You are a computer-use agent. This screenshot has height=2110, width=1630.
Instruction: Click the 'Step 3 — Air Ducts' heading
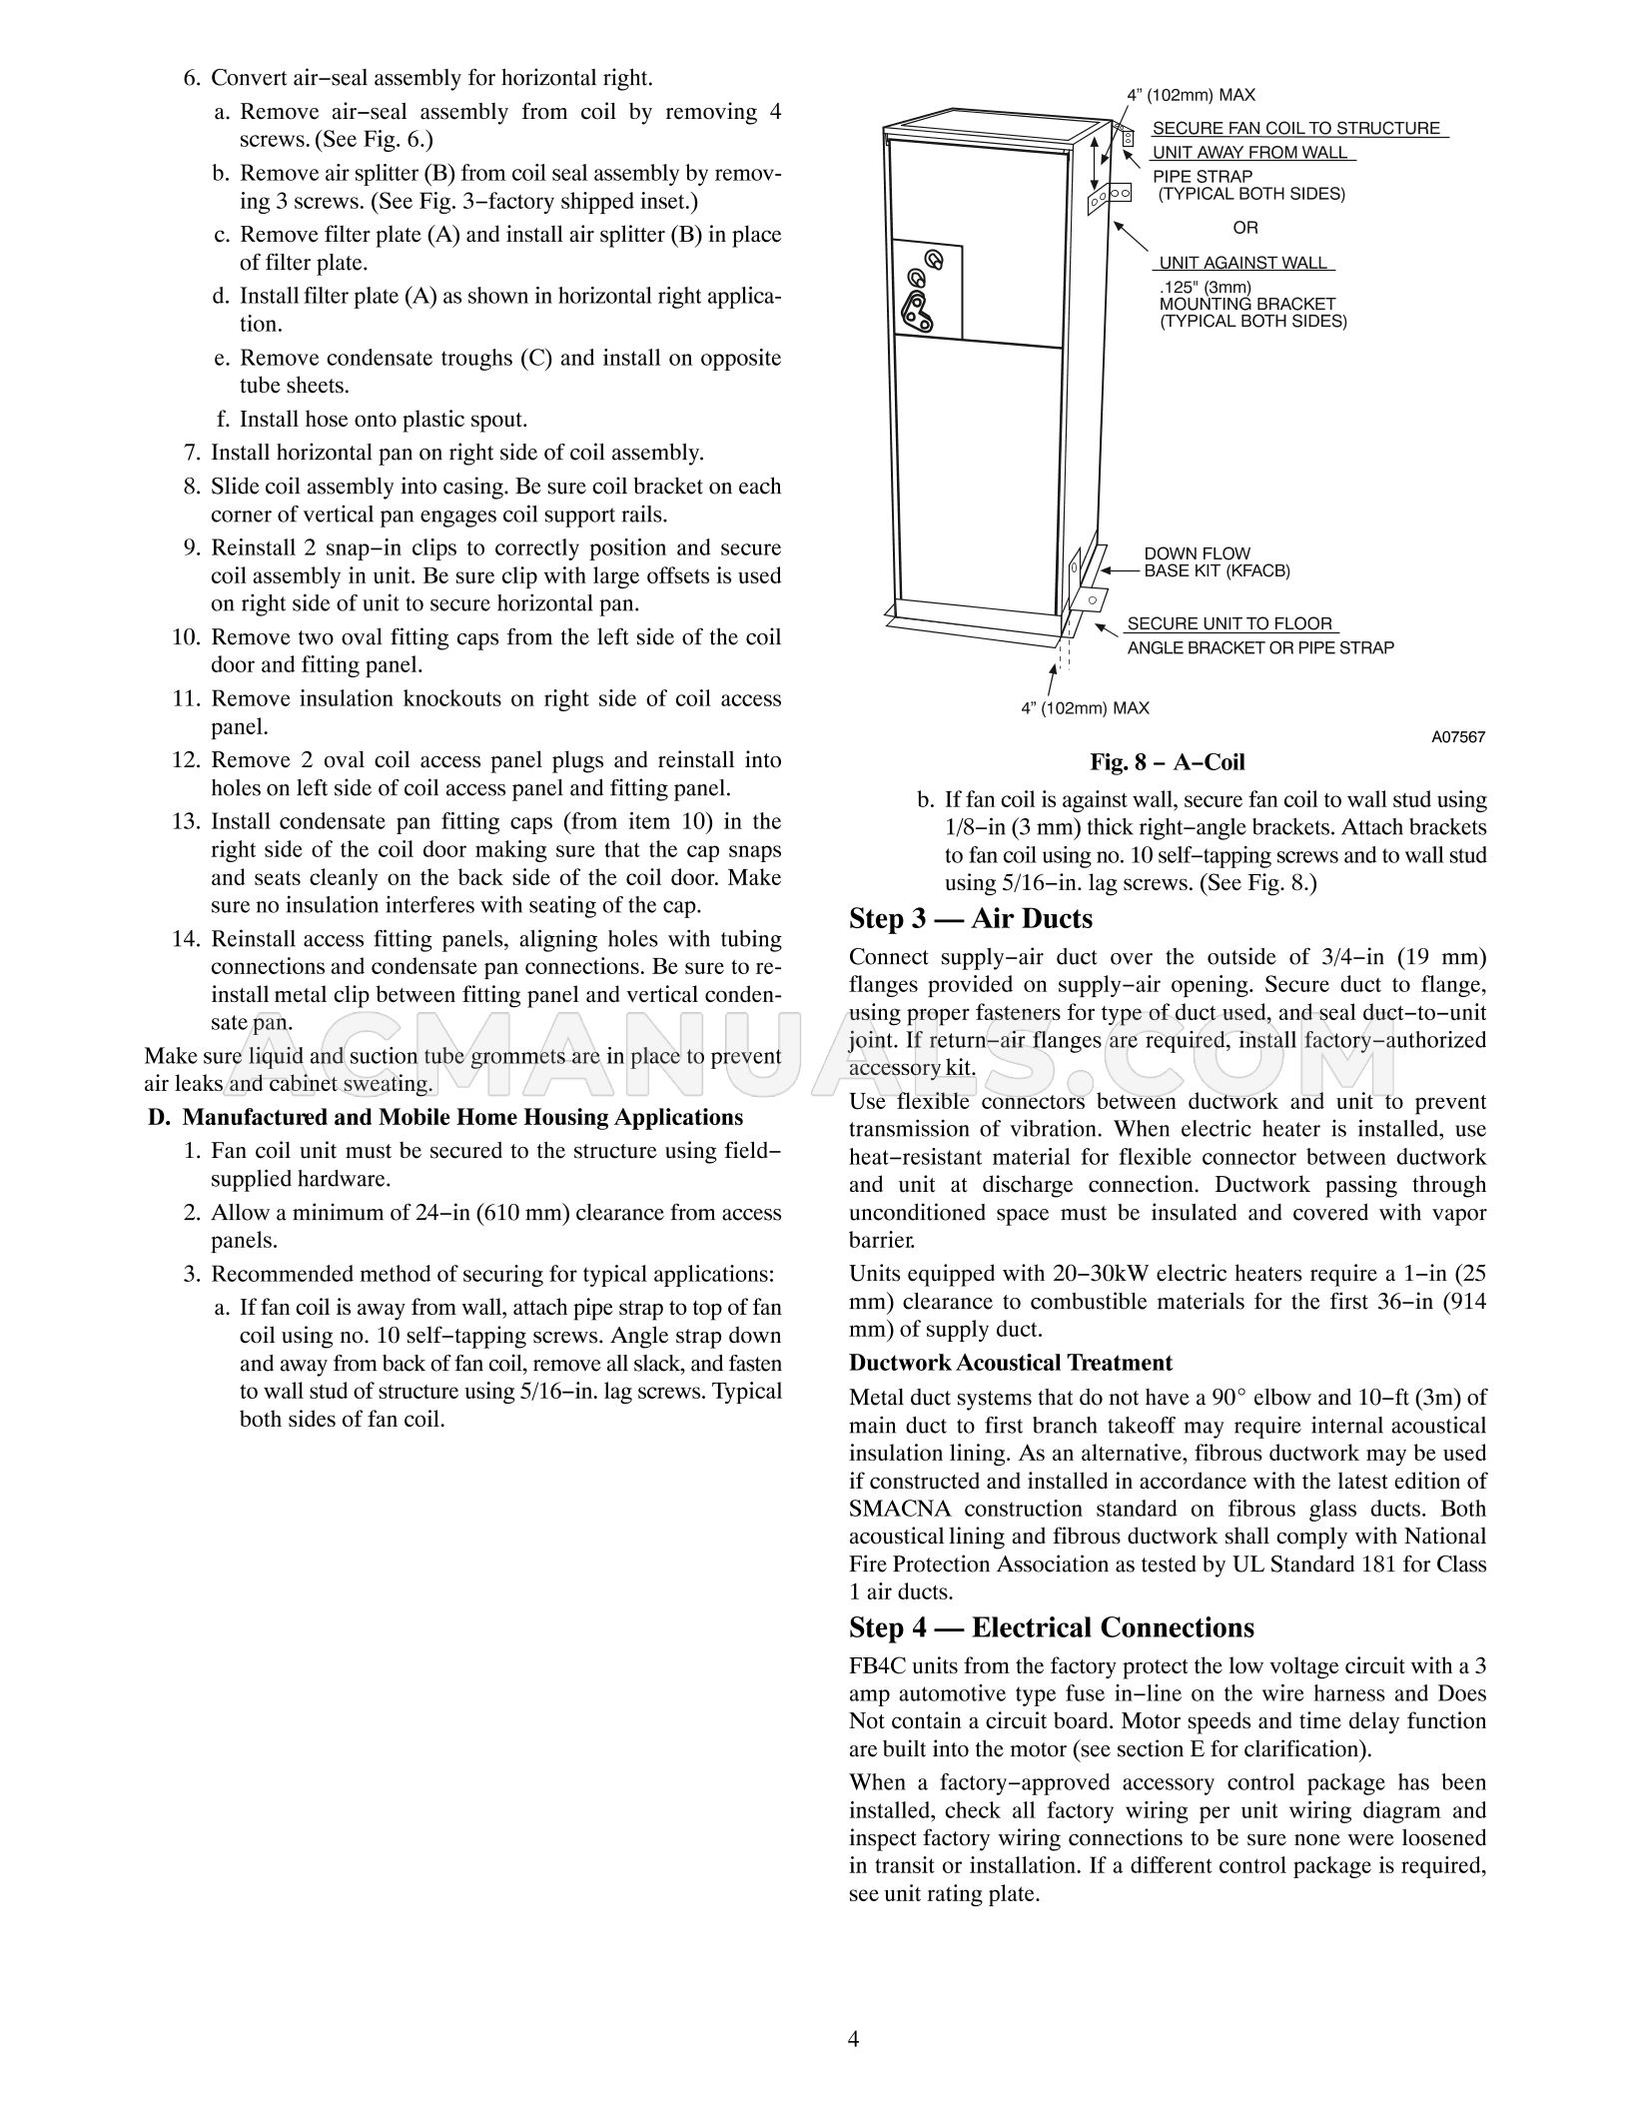(x=970, y=919)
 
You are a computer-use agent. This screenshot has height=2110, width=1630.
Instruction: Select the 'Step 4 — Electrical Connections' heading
(x=1051, y=1628)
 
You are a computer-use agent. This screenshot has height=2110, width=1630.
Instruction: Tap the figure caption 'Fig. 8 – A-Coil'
(x=1167, y=762)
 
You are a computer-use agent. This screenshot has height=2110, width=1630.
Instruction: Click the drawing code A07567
(x=1457, y=737)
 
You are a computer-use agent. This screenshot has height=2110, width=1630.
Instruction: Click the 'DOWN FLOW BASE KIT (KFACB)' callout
(x=1216, y=562)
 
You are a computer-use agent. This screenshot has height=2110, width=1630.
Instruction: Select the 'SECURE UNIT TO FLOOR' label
(x=1229, y=623)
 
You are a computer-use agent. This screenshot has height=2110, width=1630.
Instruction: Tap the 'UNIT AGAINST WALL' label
(x=1242, y=263)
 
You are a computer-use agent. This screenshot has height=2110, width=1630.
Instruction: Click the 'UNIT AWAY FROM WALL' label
(x=1249, y=153)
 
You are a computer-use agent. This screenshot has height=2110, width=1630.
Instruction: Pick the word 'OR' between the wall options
(x=1244, y=228)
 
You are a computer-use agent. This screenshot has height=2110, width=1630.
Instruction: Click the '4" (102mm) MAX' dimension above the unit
(x=1191, y=96)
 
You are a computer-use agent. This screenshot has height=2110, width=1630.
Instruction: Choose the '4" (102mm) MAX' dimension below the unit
(x=1085, y=708)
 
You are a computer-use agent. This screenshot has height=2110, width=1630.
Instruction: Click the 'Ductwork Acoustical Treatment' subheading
(x=1010, y=1363)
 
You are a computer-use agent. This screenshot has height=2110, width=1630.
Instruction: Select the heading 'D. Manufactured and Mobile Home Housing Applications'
(x=445, y=1117)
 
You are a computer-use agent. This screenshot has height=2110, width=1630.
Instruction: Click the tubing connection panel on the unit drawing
(x=928, y=290)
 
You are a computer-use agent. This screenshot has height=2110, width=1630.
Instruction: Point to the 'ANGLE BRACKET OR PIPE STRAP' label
(x=1260, y=647)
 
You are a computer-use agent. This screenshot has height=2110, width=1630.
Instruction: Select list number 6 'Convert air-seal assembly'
(x=194, y=78)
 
